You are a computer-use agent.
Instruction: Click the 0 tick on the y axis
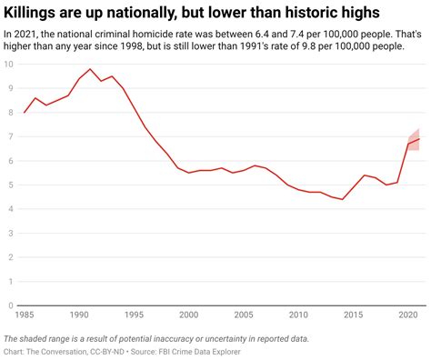point(10,306)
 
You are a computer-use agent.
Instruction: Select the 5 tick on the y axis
point(10,185)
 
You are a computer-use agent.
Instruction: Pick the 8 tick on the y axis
point(10,112)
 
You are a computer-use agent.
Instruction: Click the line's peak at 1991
point(90,69)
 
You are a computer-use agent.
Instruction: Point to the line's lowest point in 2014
point(342,199)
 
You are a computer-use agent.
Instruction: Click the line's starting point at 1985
point(25,112)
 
